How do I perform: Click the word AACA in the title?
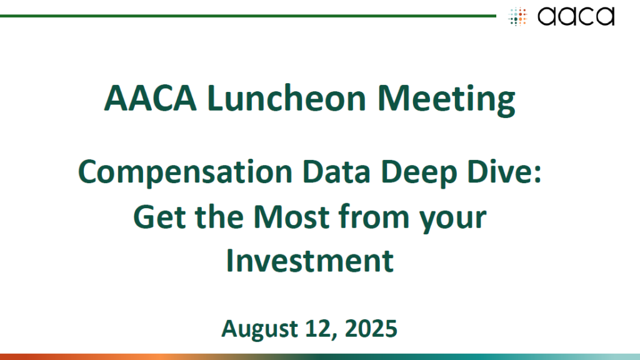[x=150, y=98]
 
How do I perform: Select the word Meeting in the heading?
[x=446, y=100]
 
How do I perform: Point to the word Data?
[x=336, y=172]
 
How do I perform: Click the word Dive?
[x=499, y=172]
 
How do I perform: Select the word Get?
[x=159, y=217]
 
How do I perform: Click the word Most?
[x=291, y=217]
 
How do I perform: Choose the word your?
[x=453, y=221]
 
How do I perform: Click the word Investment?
[x=310, y=261]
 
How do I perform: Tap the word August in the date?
[x=259, y=329]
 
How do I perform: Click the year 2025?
[x=371, y=329]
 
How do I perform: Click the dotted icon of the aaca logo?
[x=517, y=17]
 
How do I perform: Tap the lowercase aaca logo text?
[x=576, y=16]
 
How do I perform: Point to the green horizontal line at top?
[x=247, y=16]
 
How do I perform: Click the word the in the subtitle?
[x=219, y=216]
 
